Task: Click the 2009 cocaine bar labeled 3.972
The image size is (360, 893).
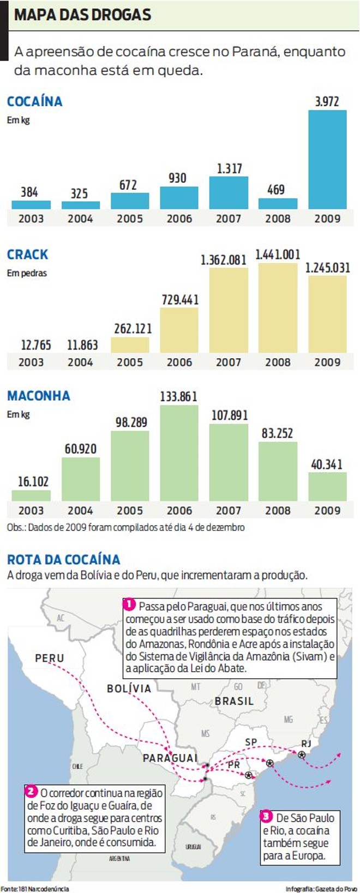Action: pyautogui.click(x=327, y=159)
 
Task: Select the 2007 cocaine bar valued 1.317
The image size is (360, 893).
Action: pyautogui.click(x=229, y=192)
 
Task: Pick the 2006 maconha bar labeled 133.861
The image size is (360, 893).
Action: pyautogui.click(x=179, y=452)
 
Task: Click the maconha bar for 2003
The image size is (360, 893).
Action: pyautogui.click(x=31, y=495)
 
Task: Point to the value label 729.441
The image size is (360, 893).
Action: pyautogui.click(x=180, y=300)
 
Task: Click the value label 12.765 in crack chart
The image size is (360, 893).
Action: pyautogui.click(x=36, y=345)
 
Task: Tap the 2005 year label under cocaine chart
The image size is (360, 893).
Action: pyautogui.click(x=130, y=219)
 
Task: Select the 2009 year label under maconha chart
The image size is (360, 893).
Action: pyautogui.click(x=327, y=510)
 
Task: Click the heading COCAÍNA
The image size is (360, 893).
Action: pyautogui.click(x=34, y=101)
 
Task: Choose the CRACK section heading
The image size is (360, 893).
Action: pyautogui.click(x=27, y=255)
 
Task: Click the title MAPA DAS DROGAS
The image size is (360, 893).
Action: pyautogui.click(x=82, y=15)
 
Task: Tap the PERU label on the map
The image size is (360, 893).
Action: pyautogui.click(x=50, y=658)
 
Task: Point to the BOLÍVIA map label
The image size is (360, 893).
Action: pyautogui.click(x=129, y=689)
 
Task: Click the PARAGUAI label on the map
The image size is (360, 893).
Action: pyautogui.click(x=170, y=758)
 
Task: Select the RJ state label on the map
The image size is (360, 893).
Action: pyautogui.click(x=306, y=744)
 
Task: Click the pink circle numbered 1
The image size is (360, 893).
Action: pyautogui.click(x=129, y=605)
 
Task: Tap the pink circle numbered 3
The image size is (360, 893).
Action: pyautogui.click(x=266, y=816)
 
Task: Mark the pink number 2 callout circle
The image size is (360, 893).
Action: pyautogui.click(x=31, y=791)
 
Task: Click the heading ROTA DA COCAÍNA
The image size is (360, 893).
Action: pyautogui.click(x=63, y=559)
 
